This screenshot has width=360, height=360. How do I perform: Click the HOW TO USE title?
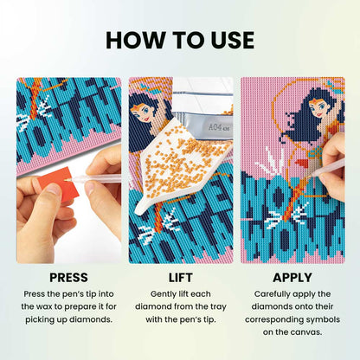(x=180, y=40)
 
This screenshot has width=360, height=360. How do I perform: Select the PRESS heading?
(x=63, y=278)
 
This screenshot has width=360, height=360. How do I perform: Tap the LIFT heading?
(x=180, y=278)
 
